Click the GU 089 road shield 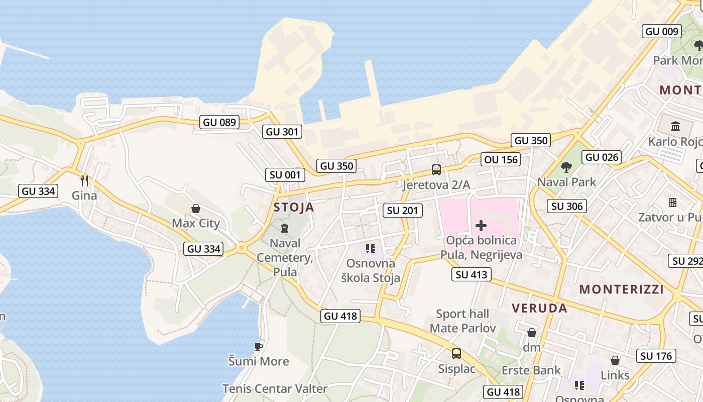tap(219, 122)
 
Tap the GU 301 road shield tap(283, 132)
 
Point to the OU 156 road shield tap(501, 160)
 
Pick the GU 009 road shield tap(662, 31)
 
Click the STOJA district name tap(294, 207)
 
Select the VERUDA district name tap(539, 308)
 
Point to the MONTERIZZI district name tap(621, 289)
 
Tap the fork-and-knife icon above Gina tap(84, 180)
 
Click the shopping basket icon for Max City tap(196, 208)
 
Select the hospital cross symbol tap(481, 226)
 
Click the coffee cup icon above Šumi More tap(258, 347)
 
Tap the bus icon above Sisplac tap(456, 354)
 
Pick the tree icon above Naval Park tap(566, 167)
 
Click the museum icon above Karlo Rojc tap(675, 126)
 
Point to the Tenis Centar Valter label tap(275, 388)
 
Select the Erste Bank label tap(531, 370)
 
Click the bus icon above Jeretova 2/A tap(436, 170)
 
